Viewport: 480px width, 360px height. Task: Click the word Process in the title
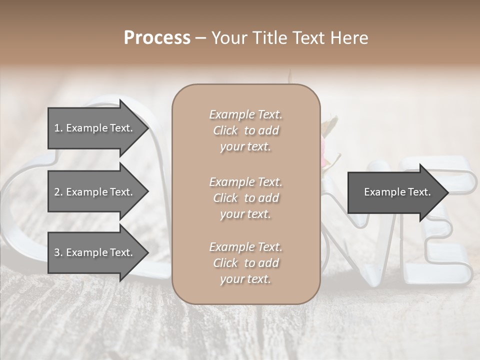point(157,38)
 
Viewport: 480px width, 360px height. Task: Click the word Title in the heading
point(270,38)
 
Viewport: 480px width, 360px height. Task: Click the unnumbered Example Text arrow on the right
point(395,192)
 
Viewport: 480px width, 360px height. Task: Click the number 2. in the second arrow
point(58,192)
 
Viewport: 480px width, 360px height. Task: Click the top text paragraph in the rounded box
point(245,130)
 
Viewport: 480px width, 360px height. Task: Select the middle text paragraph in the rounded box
point(245,197)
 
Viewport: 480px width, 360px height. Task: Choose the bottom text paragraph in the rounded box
point(245,263)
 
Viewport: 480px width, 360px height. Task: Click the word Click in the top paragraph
point(225,130)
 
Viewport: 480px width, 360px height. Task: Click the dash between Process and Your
point(201,38)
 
